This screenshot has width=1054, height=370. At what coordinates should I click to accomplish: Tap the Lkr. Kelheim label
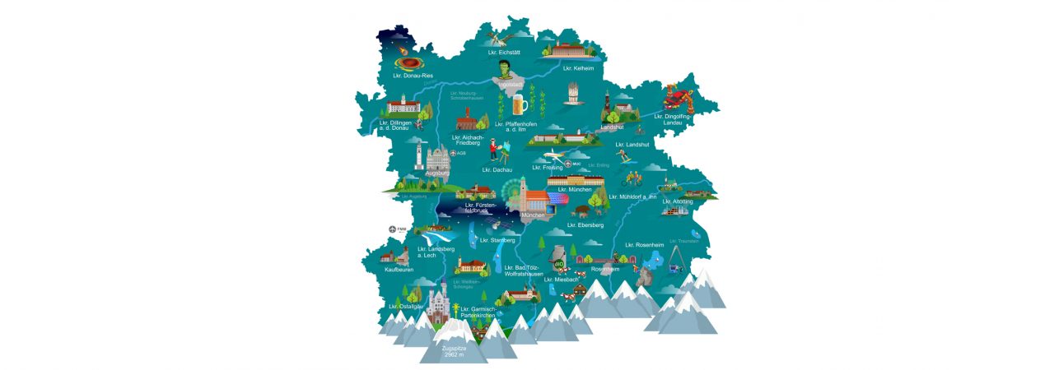(x=578, y=69)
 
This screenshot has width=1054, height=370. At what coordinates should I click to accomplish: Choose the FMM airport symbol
(x=393, y=229)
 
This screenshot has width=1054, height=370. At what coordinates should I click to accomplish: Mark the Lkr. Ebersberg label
(x=585, y=224)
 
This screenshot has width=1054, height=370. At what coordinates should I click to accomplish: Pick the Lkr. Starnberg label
(x=497, y=240)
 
